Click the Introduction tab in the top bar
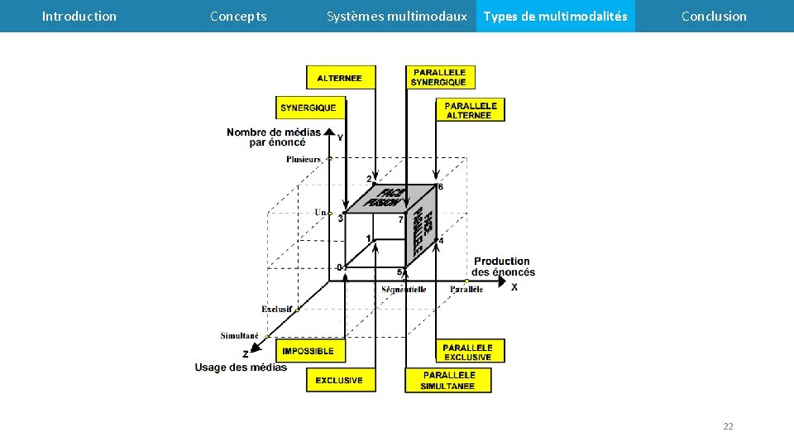79,16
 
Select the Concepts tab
238,16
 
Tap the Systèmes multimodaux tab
396,16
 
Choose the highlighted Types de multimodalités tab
555,16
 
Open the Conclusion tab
714,16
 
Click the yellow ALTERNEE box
340,78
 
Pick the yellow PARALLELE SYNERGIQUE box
439,78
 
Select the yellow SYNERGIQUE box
309,108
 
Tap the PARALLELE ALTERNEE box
470,110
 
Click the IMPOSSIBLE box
309,351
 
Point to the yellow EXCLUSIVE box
340,380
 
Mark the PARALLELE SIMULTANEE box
447,381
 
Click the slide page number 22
728,426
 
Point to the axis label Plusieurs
304,160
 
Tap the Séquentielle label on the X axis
404,290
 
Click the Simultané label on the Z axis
240,336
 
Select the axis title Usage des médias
241,368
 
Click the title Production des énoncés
503,267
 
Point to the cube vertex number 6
440,187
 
